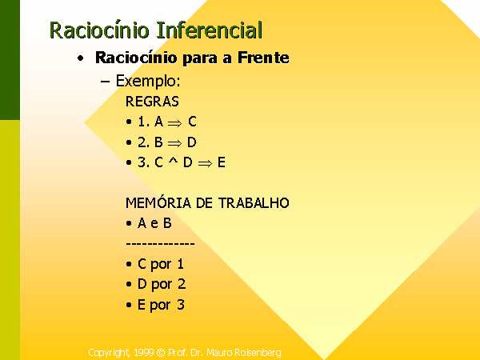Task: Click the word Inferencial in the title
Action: [209, 30]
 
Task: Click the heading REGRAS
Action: [152, 102]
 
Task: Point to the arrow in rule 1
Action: [174, 123]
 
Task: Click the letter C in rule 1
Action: [192, 122]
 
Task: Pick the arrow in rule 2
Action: [174, 143]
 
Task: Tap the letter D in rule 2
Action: [192, 142]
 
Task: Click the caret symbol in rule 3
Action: [173, 160]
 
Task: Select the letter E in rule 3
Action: [222, 162]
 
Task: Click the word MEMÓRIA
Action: [158, 202]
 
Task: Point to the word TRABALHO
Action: [254, 203]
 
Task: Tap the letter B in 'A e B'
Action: [167, 223]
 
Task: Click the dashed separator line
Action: [161, 244]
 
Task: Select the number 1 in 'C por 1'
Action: [180, 264]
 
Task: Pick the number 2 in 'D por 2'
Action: [182, 284]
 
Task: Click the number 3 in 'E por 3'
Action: [181, 305]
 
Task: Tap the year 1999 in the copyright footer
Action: [144, 353]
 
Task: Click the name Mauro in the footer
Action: [217, 353]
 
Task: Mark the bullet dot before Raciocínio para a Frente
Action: [81, 58]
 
